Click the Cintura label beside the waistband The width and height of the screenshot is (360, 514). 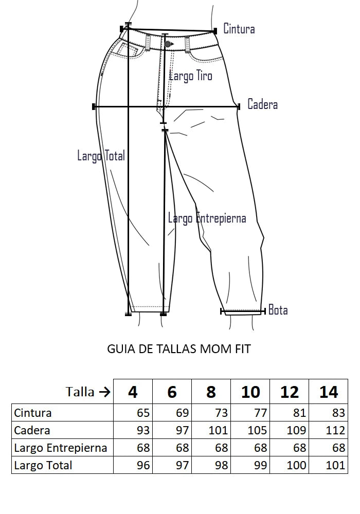(x=239, y=29)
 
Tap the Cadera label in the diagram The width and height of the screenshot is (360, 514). (x=262, y=104)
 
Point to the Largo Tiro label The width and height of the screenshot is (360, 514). (x=190, y=76)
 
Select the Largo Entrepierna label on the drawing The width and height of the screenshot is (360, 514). (x=207, y=218)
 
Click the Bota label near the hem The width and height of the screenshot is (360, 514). (x=278, y=310)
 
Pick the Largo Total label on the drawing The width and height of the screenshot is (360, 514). (x=101, y=156)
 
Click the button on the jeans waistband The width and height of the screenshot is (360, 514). (x=168, y=44)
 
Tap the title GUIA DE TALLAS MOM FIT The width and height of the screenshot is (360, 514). (x=179, y=349)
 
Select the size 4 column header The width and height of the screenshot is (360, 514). (x=133, y=392)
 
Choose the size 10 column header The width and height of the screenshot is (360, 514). (x=250, y=392)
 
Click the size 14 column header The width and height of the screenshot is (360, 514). (x=329, y=392)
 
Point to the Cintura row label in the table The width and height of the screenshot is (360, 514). (x=33, y=413)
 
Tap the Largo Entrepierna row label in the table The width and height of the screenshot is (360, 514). (x=61, y=448)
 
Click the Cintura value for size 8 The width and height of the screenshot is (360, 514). (x=221, y=413)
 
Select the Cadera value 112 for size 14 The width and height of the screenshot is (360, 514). (x=335, y=430)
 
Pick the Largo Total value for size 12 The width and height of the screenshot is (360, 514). (x=296, y=465)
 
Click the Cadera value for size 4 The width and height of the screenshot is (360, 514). (x=143, y=430)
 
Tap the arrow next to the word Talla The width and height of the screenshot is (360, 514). (x=104, y=392)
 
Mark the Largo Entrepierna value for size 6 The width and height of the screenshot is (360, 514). (x=182, y=448)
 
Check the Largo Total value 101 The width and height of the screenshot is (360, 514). (x=335, y=465)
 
